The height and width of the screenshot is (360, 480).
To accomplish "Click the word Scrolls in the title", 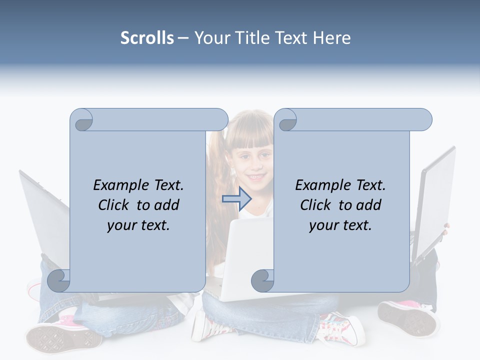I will coord(147,38).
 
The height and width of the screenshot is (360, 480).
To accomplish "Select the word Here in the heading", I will coord(332,38).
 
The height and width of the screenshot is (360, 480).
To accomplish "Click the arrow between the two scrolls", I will coord(236,199).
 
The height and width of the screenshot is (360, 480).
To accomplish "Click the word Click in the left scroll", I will coord(115,205).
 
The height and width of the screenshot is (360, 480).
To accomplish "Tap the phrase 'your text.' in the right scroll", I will coord(340,225).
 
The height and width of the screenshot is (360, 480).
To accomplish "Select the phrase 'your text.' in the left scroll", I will coord(138,225).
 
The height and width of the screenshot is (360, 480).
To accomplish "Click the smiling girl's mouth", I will coord(256,177).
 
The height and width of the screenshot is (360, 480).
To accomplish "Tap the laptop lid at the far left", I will coord(42,215).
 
